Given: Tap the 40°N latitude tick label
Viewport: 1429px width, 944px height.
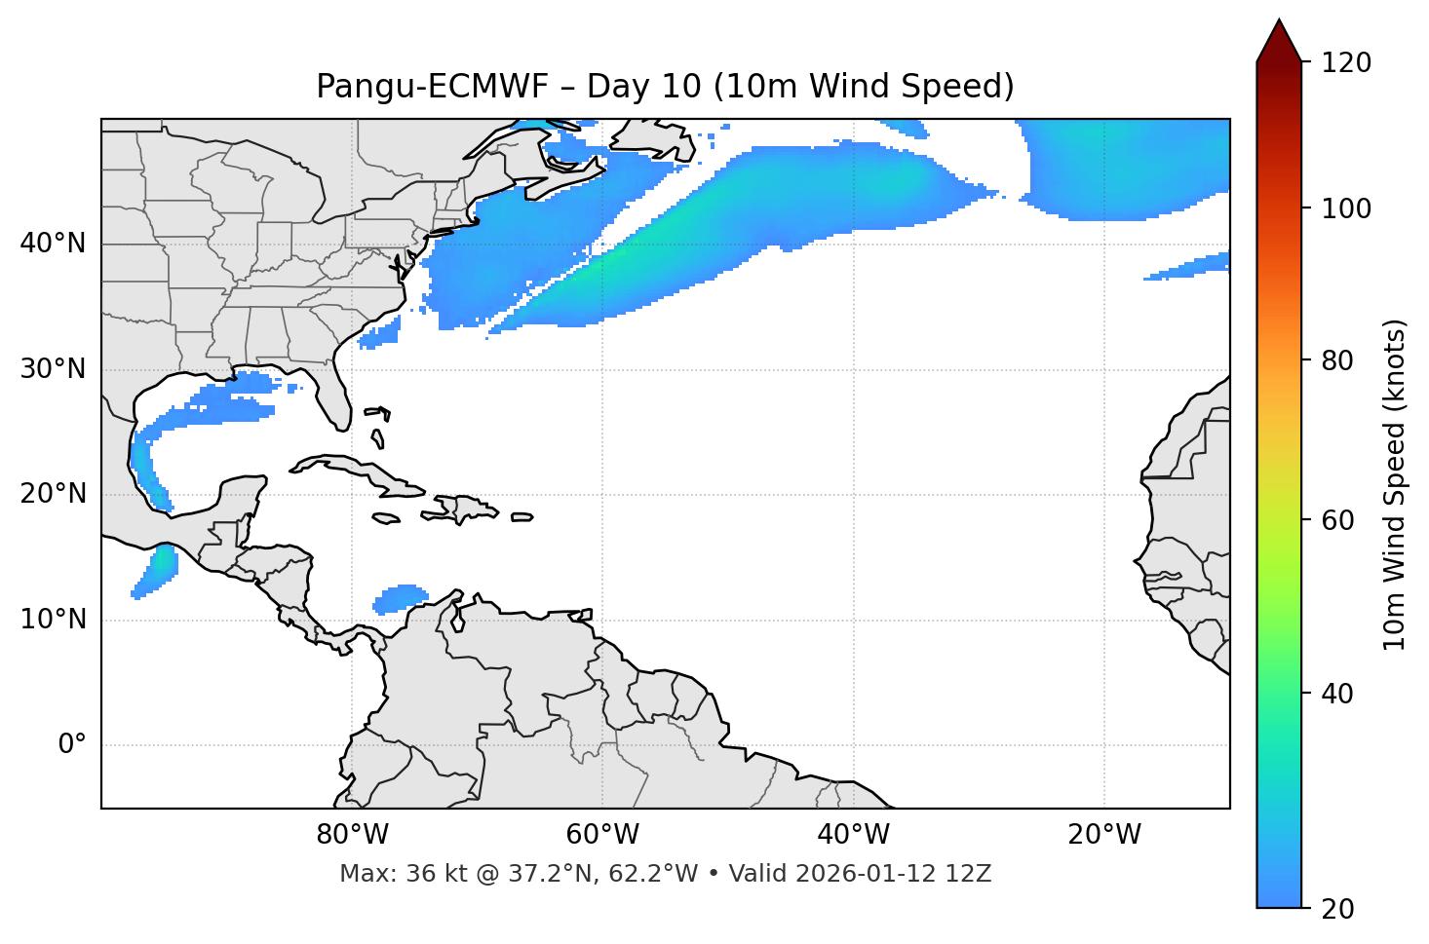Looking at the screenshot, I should tap(53, 244).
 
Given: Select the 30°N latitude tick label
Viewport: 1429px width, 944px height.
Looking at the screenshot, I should tap(53, 369).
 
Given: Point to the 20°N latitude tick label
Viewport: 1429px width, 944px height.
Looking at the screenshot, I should tap(53, 494).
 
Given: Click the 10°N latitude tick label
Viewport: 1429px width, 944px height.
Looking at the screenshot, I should tap(53, 620).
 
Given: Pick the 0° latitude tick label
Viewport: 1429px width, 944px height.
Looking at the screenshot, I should tap(71, 745).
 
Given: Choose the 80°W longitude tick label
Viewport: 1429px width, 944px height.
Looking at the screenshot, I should tap(352, 835).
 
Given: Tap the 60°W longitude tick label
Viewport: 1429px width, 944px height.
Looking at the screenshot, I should tap(602, 835).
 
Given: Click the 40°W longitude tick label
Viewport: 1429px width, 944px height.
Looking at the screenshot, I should tap(853, 835).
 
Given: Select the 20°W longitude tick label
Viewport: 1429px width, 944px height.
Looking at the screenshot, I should tap(1103, 835).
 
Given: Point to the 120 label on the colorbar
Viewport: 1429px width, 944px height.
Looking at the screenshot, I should tap(1346, 63).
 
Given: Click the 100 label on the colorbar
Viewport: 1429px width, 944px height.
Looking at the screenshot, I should tap(1346, 208).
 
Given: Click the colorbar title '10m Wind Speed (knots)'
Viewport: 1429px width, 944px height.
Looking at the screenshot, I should tap(1395, 485).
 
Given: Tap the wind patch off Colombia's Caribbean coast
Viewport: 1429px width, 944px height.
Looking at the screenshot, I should tap(400, 597).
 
